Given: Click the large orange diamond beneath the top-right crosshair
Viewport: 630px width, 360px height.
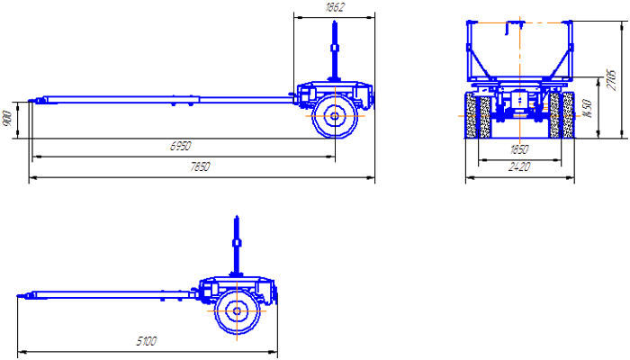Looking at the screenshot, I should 519,129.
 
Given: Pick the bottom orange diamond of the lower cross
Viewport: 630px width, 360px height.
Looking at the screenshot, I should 237,340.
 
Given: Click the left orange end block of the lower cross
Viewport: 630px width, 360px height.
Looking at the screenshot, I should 205,313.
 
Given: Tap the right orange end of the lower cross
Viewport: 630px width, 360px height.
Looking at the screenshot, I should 266,311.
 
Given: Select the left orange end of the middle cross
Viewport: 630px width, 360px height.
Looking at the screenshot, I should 303,117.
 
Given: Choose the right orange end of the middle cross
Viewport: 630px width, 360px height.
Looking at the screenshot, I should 364,117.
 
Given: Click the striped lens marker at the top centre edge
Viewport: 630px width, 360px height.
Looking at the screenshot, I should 336,7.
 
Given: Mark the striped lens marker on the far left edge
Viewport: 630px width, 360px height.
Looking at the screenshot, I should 7,118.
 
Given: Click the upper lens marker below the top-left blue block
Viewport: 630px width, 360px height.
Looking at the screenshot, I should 180,146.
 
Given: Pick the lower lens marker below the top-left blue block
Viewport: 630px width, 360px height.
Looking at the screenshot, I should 200,166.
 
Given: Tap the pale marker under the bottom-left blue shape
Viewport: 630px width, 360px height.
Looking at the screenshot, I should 148,332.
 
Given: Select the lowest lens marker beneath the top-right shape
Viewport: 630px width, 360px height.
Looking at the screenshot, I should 518,167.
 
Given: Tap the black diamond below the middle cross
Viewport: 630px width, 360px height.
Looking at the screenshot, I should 335,131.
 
